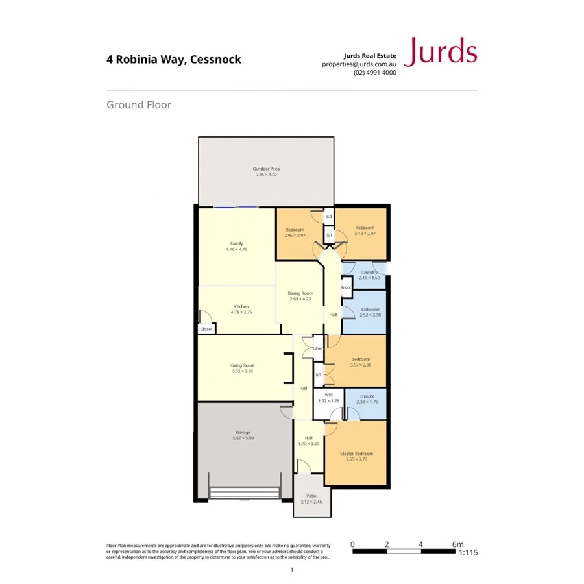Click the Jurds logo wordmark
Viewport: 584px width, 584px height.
[441, 52]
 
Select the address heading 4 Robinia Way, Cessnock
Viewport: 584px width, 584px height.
[174, 60]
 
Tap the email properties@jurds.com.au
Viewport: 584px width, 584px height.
[359, 64]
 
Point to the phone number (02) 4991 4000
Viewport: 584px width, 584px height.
[374, 73]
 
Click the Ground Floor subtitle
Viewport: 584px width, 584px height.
[139, 104]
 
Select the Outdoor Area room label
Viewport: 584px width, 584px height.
[266, 169]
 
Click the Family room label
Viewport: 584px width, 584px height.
[236, 243]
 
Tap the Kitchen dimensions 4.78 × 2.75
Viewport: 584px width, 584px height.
[241, 313]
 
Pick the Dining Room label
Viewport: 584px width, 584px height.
[300, 293]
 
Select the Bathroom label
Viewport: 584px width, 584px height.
[371, 310]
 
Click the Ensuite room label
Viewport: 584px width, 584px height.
[367, 395]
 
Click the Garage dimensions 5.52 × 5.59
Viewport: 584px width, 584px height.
[243, 438]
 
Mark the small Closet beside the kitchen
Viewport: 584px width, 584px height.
[206, 329]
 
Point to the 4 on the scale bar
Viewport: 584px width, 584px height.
[421, 544]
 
